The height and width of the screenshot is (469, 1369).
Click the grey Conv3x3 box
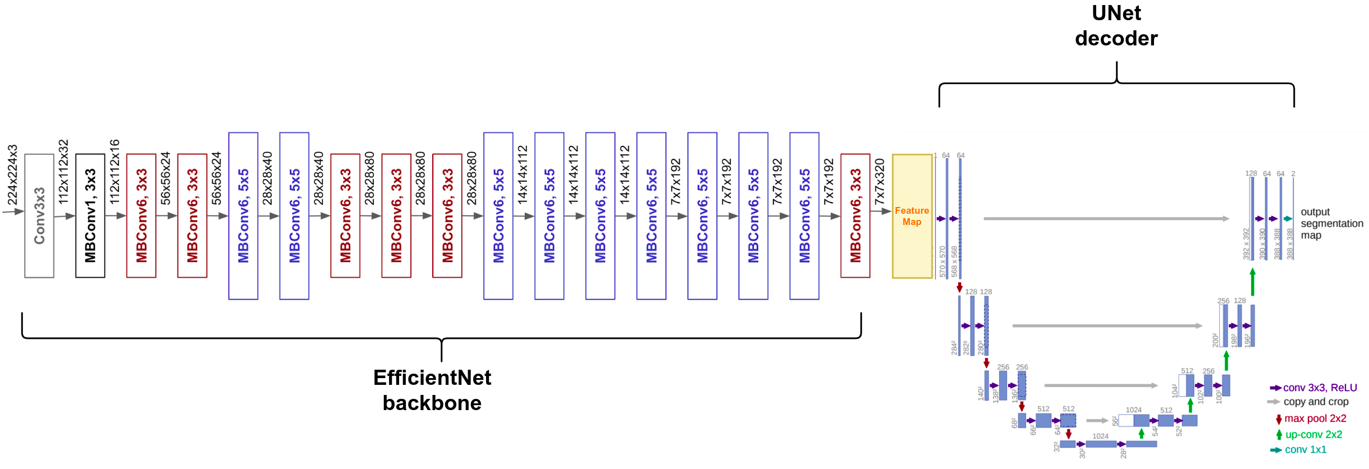tap(39, 216)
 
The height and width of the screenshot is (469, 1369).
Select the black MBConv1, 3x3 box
tap(90, 216)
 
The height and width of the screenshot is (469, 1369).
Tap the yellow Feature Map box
tap(912, 216)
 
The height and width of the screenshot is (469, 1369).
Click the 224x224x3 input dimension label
tap(12, 174)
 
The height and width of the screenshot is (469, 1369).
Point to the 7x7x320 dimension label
tap(880, 181)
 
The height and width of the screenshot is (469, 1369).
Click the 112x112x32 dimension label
tap(63, 171)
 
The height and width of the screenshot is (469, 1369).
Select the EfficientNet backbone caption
tap(432, 390)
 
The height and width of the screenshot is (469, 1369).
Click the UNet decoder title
tap(1116, 26)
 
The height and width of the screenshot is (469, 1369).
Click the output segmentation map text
tap(1331, 223)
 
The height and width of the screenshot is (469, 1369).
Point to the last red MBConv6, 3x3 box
tap(855, 216)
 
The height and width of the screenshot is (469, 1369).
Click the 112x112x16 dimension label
tap(115, 171)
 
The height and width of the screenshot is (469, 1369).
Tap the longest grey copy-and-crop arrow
tap(1106, 219)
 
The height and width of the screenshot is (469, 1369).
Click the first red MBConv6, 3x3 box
tap(141, 216)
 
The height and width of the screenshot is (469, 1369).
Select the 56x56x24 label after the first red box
tap(166, 178)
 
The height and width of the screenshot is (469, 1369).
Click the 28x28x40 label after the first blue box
tap(268, 178)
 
